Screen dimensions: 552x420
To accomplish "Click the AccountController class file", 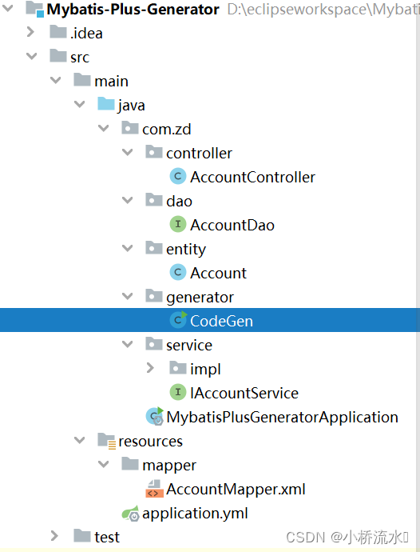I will (x=252, y=177).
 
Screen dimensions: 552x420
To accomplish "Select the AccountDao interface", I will (x=232, y=225).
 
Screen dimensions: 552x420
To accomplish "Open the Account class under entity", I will (x=218, y=273).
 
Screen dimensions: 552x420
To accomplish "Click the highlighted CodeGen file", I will (x=221, y=321).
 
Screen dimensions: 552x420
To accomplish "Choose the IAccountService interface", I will (x=244, y=393).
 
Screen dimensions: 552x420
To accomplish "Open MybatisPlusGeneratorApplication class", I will (x=282, y=417).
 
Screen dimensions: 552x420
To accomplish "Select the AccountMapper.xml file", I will (x=236, y=489).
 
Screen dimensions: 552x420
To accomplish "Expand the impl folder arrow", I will (x=151, y=369).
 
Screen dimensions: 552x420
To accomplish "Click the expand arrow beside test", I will (x=54, y=536).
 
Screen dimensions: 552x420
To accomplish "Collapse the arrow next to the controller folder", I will (x=127, y=153).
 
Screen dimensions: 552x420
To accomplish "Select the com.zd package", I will (x=166, y=129).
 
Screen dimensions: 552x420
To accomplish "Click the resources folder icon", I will (x=105, y=441).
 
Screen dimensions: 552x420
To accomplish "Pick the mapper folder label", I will (x=168, y=465).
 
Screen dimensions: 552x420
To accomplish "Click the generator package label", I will (x=200, y=297).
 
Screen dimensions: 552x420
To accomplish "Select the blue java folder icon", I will (x=105, y=105).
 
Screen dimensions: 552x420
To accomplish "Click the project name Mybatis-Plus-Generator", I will (x=133, y=10).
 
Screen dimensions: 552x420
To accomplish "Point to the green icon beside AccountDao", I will (x=177, y=225).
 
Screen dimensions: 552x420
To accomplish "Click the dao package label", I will (x=179, y=201).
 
